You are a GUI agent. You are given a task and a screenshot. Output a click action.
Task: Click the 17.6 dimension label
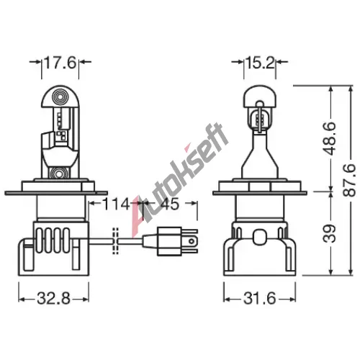tap(60, 63)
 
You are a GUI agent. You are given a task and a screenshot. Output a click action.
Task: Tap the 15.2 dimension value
tap(260, 63)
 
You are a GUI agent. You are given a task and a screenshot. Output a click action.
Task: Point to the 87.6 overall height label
tap(350, 180)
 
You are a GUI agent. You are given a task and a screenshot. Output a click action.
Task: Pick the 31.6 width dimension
tap(260, 299)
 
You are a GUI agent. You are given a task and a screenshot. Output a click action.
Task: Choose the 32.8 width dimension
tap(53, 299)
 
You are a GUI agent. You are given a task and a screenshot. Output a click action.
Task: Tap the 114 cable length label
tap(116, 204)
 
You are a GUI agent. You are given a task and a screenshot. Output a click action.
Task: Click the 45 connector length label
tap(169, 204)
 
